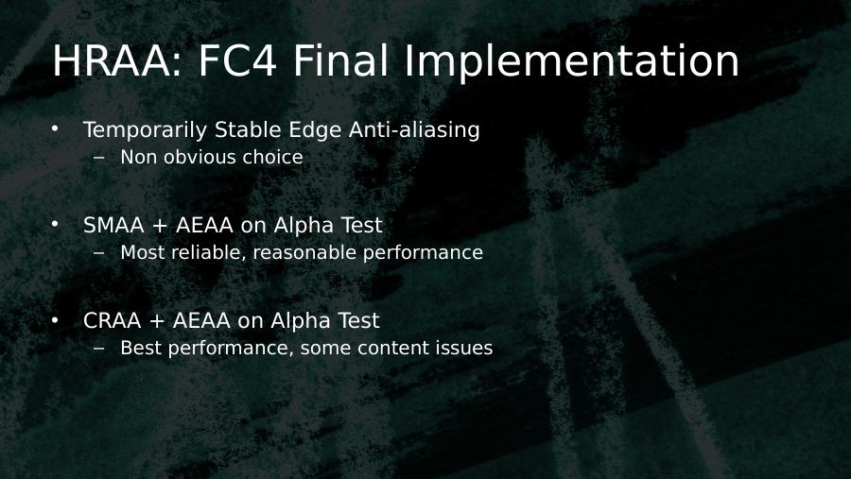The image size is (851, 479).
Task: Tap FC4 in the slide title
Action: (237, 60)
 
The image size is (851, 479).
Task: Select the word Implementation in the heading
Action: (572, 61)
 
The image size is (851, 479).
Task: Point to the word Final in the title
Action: (340, 60)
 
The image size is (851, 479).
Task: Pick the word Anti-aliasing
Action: (414, 130)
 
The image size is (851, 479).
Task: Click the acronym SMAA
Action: (113, 225)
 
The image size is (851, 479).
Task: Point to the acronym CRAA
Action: (113, 320)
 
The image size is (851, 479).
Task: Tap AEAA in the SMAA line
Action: (204, 225)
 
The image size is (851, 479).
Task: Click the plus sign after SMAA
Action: (160, 226)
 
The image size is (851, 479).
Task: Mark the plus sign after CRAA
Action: (157, 321)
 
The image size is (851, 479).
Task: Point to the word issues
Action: (464, 348)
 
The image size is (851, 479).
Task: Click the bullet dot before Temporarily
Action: (55, 129)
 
